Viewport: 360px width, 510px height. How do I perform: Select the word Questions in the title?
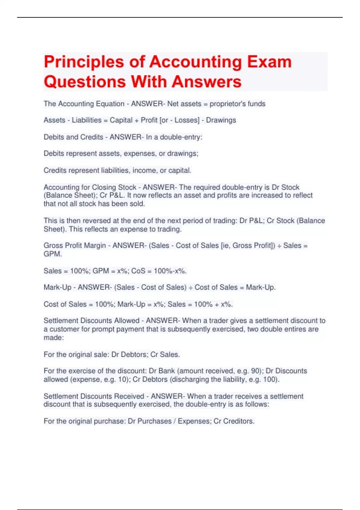click(84, 82)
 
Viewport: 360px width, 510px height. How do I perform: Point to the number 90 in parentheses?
click(255, 371)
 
